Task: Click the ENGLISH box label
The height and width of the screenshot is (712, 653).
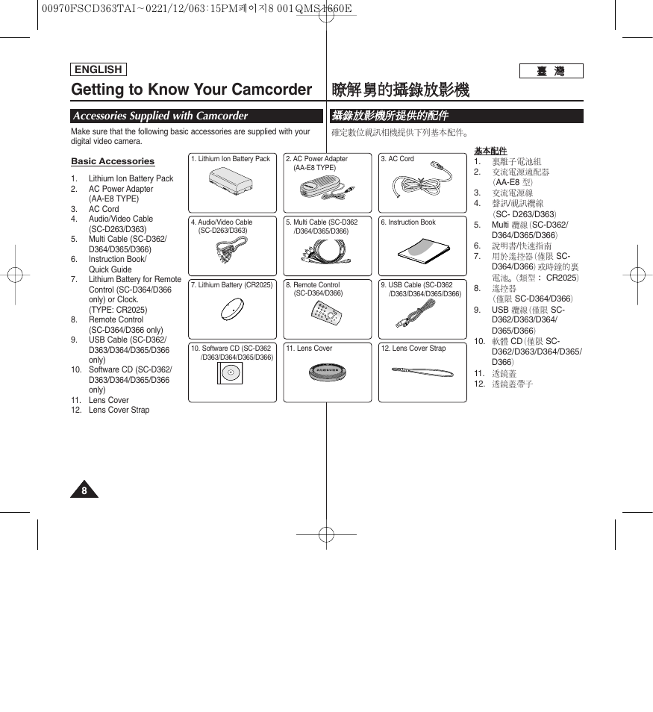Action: [x=99, y=70]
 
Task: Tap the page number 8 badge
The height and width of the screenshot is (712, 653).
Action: [x=84, y=490]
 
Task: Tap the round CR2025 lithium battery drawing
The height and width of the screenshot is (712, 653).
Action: [x=232, y=309]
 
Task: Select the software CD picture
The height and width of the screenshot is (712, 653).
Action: [x=230, y=372]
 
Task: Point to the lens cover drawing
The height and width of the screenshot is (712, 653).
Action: [x=328, y=372]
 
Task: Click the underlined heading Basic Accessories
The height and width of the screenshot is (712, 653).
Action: [x=113, y=161]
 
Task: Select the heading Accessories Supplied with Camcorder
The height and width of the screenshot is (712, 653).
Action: [x=160, y=116]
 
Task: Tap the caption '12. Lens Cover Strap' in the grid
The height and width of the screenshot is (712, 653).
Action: [x=413, y=349]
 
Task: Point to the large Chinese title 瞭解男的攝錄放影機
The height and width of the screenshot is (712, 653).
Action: [x=400, y=90]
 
